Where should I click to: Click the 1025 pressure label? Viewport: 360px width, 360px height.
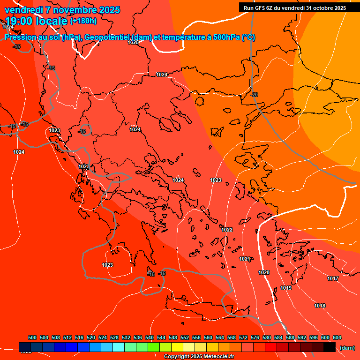133,42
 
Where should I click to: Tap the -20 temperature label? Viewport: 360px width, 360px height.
255,95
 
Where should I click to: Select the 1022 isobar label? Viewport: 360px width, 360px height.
227,230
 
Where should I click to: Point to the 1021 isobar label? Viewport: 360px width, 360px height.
244,259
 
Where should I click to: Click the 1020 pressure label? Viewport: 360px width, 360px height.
264,272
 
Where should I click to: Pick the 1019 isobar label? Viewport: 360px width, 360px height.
286,288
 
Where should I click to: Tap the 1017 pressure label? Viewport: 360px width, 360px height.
333,278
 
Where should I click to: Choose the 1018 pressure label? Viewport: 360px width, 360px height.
320,306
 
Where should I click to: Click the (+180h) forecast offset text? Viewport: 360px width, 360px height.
83,21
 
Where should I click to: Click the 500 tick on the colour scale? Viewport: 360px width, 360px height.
32,337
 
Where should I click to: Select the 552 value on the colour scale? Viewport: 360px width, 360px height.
185,337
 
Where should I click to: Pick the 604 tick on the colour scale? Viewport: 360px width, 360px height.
337,337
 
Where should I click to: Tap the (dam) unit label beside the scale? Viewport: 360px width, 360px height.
347,348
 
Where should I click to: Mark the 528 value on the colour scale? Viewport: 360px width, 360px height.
114,337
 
